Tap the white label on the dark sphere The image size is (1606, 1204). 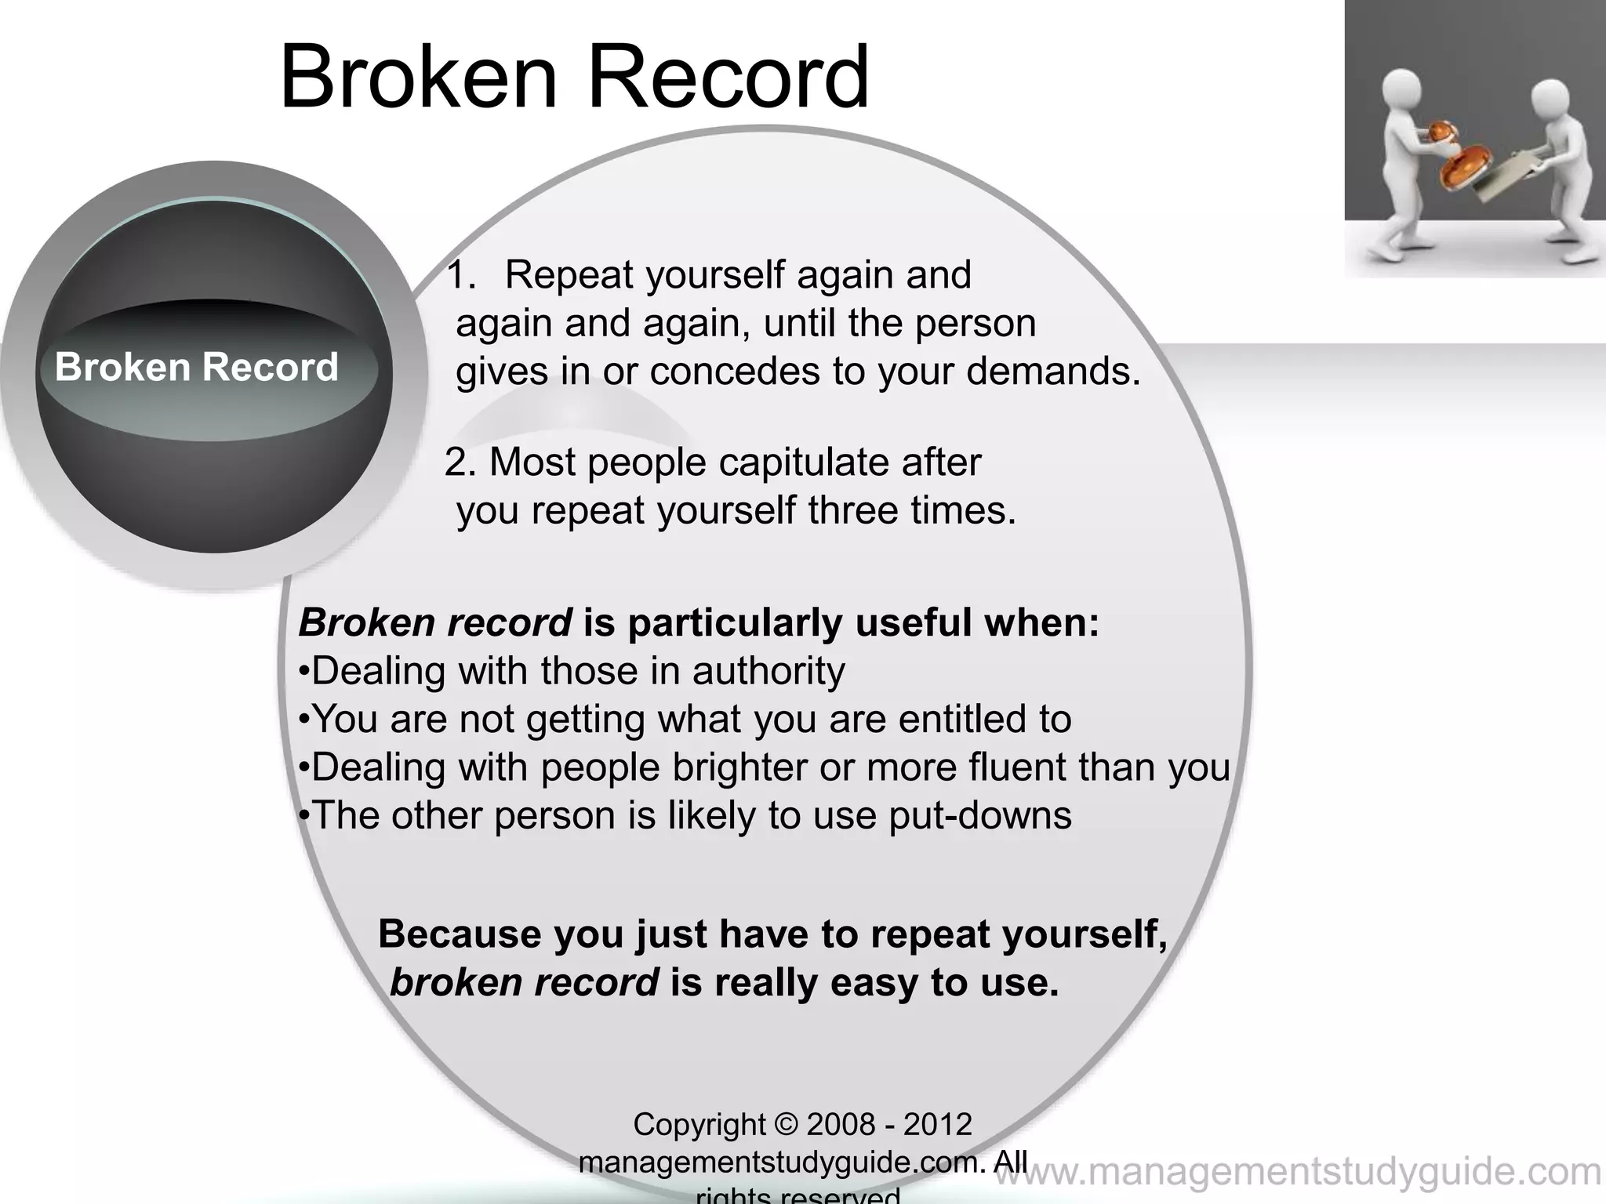(196, 367)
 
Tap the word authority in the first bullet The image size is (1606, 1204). (768, 672)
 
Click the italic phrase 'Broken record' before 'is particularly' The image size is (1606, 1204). (435, 624)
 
